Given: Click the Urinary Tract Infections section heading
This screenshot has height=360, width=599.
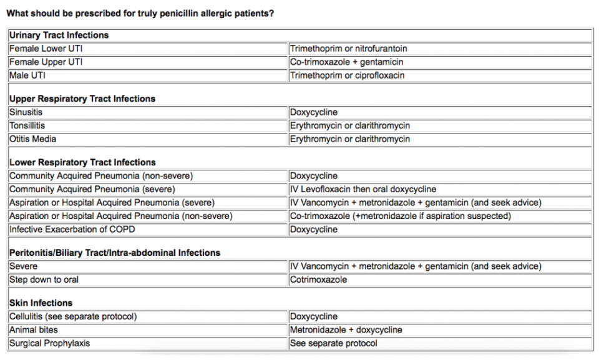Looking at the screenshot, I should click(59, 35).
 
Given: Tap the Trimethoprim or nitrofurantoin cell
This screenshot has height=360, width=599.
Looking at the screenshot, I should click(348, 49).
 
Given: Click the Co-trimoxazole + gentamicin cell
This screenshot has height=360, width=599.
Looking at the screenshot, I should click(346, 62).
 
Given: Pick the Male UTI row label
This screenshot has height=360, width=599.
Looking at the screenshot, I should click(27, 75).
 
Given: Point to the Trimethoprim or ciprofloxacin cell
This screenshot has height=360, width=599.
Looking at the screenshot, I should click(347, 75).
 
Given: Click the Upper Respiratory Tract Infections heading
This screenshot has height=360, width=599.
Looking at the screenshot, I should click(82, 99).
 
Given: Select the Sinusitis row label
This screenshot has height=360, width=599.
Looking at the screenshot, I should click(26, 112).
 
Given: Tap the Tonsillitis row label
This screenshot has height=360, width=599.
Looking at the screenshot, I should click(27, 125).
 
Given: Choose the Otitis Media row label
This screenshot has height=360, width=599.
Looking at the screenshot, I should click(33, 139).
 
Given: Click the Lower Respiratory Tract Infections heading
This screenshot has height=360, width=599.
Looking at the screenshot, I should click(82, 162).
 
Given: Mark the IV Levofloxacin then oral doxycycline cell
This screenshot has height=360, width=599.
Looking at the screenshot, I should click(363, 189).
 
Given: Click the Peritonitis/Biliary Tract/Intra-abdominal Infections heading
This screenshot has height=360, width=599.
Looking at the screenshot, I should click(115, 253).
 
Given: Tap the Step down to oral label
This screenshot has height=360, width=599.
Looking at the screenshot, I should click(44, 280).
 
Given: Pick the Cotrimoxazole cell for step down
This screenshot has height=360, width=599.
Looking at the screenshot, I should click(318, 280).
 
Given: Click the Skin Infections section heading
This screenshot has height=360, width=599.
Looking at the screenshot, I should click(41, 303).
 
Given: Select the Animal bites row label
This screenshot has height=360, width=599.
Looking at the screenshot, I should click(34, 329).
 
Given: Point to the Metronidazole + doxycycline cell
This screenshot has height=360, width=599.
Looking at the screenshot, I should click(346, 329).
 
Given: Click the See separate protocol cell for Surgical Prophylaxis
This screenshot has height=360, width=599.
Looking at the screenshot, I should click(333, 343).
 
